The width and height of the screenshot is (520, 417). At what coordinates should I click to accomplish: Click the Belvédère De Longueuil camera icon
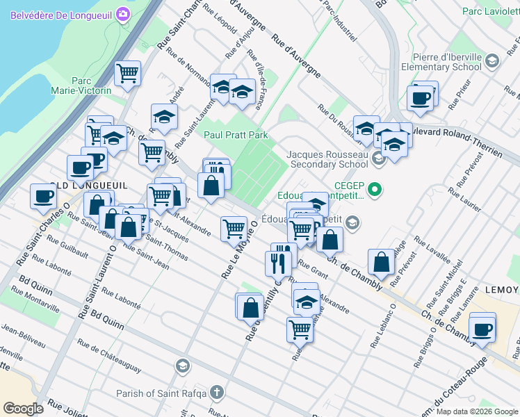(124, 14)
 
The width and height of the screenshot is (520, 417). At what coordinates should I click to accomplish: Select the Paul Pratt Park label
(235, 134)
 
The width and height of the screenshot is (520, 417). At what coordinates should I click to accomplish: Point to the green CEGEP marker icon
(375, 188)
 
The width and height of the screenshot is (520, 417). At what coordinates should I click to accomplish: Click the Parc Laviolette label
(491, 11)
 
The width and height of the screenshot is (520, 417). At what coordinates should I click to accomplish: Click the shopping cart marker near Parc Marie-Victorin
(127, 73)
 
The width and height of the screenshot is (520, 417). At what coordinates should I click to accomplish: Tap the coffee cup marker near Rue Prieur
(421, 98)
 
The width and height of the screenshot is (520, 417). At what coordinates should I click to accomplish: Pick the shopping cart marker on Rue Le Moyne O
(234, 228)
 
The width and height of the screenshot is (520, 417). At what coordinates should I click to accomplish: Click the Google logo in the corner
(23, 409)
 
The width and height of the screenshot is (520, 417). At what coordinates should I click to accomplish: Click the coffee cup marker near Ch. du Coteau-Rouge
(482, 328)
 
